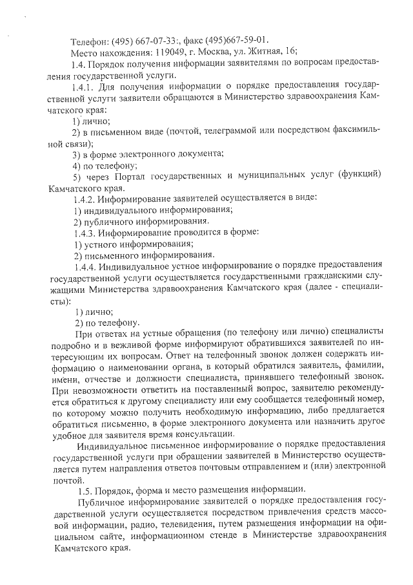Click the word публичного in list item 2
point(110,220)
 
